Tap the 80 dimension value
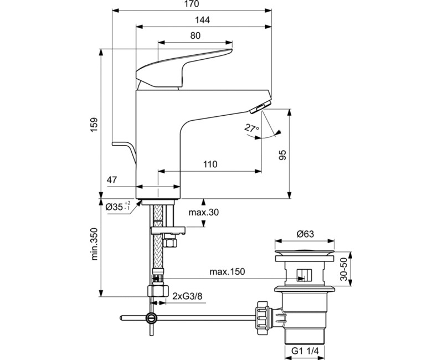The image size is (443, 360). (195, 35)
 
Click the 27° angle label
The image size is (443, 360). (253, 129)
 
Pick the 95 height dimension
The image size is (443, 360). (281, 155)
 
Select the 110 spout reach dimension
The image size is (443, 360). (209, 164)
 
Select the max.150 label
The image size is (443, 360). (227, 272)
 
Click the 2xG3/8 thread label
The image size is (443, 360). (187, 296)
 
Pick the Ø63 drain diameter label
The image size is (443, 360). (306, 234)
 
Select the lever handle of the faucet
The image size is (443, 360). (183, 66)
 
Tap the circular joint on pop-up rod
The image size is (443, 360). (150, 318)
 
